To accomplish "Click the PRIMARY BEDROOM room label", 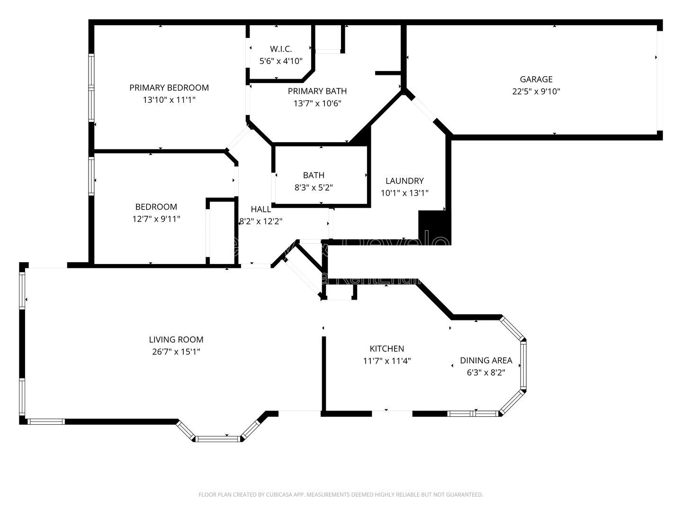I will click(169, 88).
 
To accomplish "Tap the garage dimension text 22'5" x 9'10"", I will click(536, 91).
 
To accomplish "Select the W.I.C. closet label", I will click(281, 49).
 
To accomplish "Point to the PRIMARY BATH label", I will click(317, 91).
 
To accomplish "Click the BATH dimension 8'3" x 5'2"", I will click(314, 187).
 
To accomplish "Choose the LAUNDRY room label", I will click(404, 181).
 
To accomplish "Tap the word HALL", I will click(260, 209).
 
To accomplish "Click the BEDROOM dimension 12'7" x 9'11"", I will click(156, 219).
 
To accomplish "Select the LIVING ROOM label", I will click(176, 339).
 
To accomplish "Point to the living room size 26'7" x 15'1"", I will click(176, 352).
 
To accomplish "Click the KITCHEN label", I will click(387, 348).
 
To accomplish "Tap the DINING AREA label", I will click(486, 360).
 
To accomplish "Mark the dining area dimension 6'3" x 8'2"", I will click(486, 373).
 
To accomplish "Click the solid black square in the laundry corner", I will click(432, 225).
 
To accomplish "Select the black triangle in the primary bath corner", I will click(362, 137).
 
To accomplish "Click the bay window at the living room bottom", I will click(218, 439).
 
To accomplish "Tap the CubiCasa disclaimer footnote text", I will click(341, 494).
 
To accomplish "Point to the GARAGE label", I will click(536, 79).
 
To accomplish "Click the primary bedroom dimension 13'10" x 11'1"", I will click(169, 100).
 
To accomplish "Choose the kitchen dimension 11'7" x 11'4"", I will click(387, 361).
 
